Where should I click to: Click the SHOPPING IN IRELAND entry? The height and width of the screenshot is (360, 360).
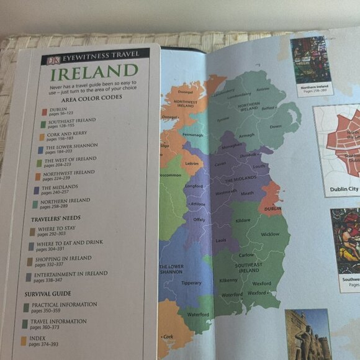click(x=62, y=261)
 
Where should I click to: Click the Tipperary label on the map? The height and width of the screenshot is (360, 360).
click(x=191, y=283)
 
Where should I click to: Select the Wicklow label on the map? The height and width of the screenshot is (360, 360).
click(x=270, y=235)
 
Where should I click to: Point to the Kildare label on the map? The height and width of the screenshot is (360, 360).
click(x=243, y=221)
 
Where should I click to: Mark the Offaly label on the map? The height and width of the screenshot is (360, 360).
click(x=199, y=220)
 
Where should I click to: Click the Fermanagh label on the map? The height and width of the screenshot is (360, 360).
click(x=193, y=135)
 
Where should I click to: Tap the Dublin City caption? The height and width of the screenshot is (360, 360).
click(x=344, y=189)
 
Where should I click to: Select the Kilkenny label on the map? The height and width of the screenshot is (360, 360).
click(x=228, y=281)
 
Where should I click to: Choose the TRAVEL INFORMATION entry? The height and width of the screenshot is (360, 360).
click(x=58, y=323)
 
